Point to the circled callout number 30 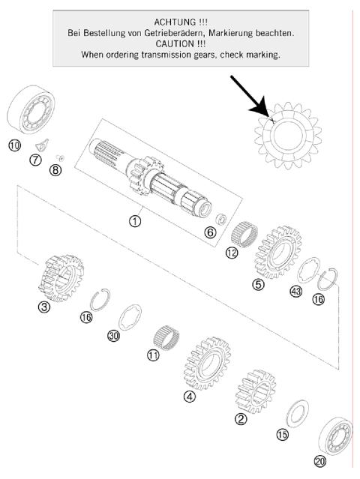(x=114, y=337)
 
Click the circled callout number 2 (x=241, y=419)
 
